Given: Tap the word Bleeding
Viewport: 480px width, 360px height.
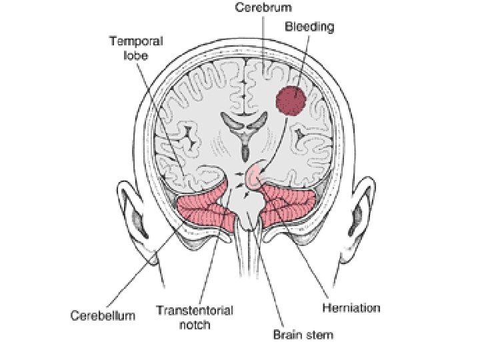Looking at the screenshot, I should point(309,27).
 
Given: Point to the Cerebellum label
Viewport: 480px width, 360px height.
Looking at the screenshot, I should point(103,315).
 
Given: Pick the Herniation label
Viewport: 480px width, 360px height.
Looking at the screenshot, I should point(351,308).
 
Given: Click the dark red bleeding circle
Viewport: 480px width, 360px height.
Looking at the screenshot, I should point(291,101).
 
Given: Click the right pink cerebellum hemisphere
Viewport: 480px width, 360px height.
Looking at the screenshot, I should point(287,207).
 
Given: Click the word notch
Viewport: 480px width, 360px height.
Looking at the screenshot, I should point(194,325).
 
